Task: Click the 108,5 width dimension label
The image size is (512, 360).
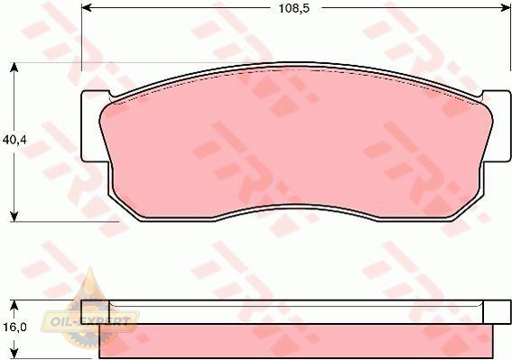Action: tap(293, 9)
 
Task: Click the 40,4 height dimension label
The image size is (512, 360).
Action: tap(14, 140)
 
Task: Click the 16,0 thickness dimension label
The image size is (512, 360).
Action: tap(14, 327)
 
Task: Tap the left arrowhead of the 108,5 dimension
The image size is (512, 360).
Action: tap(86, 7)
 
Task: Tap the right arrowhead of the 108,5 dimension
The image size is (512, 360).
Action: tap(506, 7)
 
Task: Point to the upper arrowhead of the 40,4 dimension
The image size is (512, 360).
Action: tap(14, 68)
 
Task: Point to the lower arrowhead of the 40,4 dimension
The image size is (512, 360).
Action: tap(14, 217)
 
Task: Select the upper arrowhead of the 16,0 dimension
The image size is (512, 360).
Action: tap(14, 305)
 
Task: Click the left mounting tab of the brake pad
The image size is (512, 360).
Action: tap(94, 126)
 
